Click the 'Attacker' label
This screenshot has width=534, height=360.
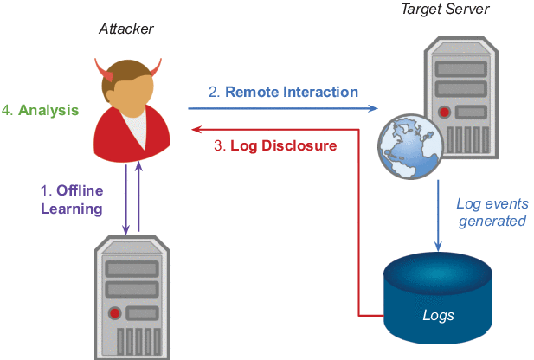click(x=126, y=29)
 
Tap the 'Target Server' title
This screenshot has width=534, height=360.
click(x=445, y=9)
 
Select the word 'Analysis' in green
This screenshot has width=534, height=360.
click(x=48, y=110)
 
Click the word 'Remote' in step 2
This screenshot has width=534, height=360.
click(x=252, y=92)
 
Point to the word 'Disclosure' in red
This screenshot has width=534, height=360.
click(x=299, y=145)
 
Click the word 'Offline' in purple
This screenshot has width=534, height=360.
click(x=80, y=190)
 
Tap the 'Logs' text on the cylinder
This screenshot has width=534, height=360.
click(x=438, y=315)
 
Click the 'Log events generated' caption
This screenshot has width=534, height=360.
click(x=492, y=212)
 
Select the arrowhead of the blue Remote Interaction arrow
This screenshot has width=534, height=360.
click(x=373, y=108)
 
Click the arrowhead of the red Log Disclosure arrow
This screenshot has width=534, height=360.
click(x=196, y=130)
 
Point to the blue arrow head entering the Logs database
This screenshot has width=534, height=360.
click(x=438, y=247)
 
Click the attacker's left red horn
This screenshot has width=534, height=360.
click(x=104, y=70)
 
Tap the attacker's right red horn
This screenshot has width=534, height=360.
click(x=155, y=67)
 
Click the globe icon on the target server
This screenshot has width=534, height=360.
click(x=411, y=146)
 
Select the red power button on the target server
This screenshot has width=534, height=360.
click(x=444, y=112)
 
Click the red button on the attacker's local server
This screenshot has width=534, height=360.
click(x=115, y=313)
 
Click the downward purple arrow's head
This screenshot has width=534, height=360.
click(x=126, y=230)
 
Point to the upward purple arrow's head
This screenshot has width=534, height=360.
click(x=138, y=166)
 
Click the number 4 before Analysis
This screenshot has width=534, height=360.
click(x=6, y=111)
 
